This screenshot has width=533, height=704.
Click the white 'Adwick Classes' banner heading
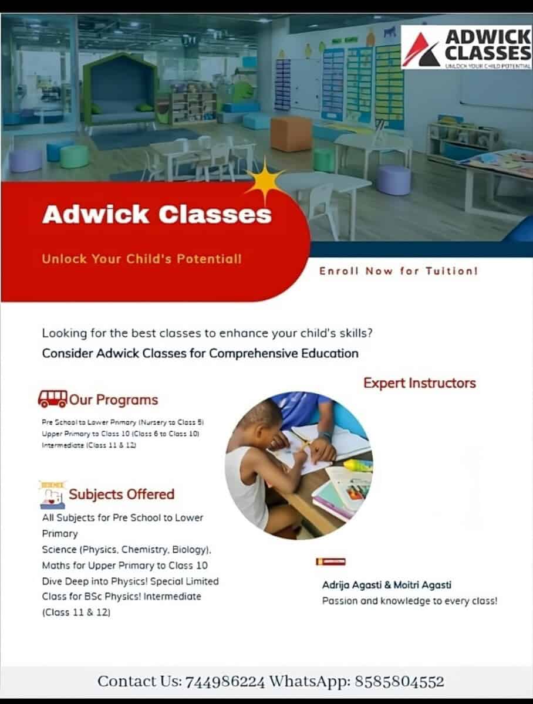click(x=157, y=214)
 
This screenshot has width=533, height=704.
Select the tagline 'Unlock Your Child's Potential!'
click(x=141, y=258)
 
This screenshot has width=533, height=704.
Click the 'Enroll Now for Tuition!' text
click(x=399, y=271)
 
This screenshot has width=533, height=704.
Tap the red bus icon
click(x=52, y=399)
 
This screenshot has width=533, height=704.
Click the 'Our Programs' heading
click(x=114, y=400)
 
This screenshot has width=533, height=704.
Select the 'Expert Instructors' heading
click(x=419, y=383)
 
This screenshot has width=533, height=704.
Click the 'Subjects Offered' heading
click(x=122, y=494)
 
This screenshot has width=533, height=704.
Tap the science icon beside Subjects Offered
click(x=52, y=495)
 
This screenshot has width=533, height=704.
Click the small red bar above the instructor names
click(x=330, y=561)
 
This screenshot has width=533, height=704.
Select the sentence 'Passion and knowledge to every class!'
click(x=409, y=601)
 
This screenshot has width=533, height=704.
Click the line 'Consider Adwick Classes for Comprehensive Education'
click(x=200, y=353)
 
